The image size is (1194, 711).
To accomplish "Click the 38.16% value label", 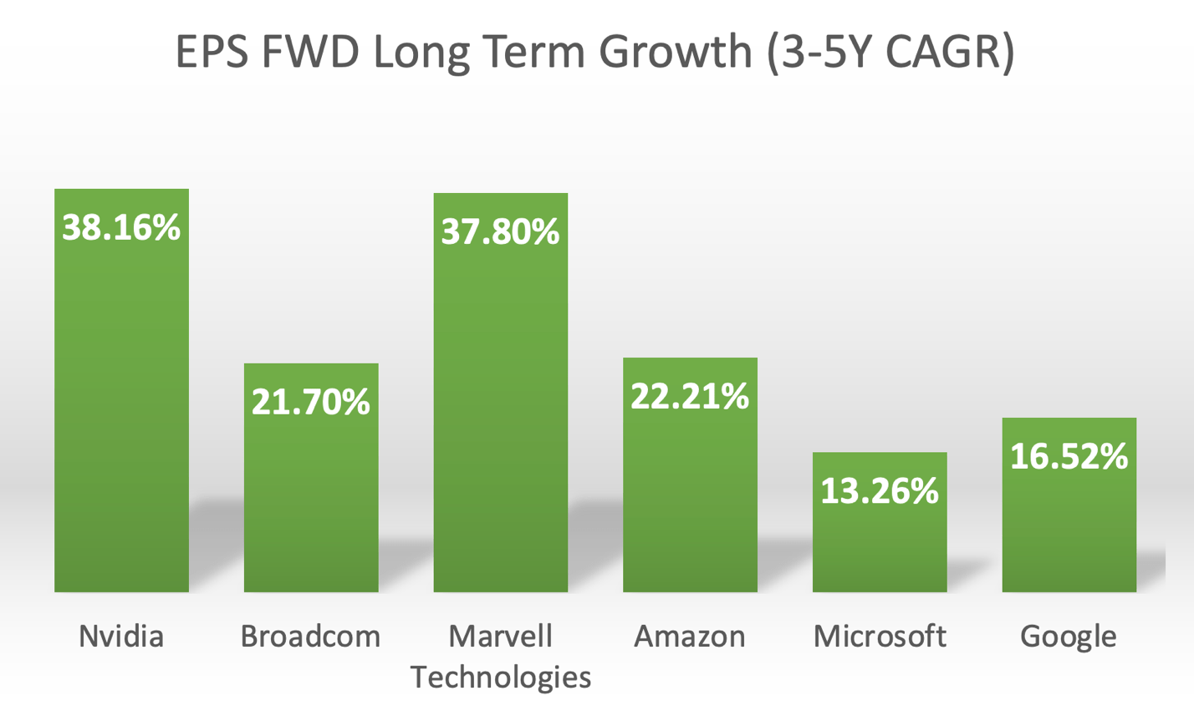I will (121, 227).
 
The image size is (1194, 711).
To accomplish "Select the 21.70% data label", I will (311, 403).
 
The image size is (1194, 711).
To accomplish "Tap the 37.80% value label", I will (500, 231).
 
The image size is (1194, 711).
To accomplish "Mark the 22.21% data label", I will (690, 396).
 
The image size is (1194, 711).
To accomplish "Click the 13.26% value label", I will (880, 491).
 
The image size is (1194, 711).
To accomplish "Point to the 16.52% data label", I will (1069, 456).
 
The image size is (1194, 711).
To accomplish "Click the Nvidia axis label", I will (121, 637).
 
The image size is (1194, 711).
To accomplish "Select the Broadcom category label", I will (310, 637).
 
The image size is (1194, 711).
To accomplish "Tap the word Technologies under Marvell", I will (501, 677).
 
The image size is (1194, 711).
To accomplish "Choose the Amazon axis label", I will (690, 637).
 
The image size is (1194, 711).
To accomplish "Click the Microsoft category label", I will (880, 637).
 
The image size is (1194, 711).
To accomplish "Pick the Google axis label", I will (1069, 637).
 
